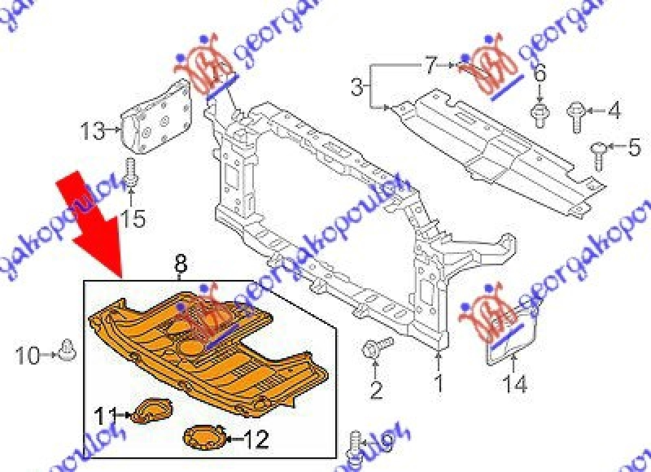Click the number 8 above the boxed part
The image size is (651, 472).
(x=180, y=264)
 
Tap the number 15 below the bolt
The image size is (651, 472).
(x=132, y=217)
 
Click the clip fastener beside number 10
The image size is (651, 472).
(x=68, y=352)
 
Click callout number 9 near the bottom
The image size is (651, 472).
(x=386, y=444)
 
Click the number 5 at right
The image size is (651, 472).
(x=634, y=148)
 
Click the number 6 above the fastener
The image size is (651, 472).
(x=539, y=76)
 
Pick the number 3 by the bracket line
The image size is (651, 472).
(x=356, y=85)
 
